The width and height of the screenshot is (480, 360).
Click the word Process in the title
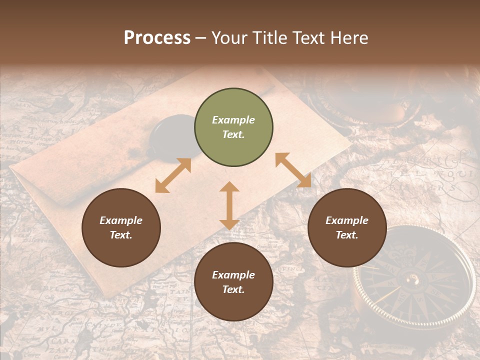(x=157, y=38)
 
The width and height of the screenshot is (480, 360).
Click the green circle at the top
(x=233, y=127)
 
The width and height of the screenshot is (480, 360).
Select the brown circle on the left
(x=121, y=228)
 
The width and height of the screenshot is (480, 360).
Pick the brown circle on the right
(x=347, y=228)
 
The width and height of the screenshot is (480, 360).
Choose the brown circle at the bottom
(x=233, y=282)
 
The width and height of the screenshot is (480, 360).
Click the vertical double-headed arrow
(x=229, y=205)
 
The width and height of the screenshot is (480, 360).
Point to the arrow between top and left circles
(x=173, y=175)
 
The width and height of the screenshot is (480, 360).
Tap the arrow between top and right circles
(x=293, y=170)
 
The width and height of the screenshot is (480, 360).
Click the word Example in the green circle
(x=233, y=120)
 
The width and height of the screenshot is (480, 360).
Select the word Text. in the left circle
(x=121, y=235)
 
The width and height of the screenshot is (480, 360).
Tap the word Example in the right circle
(x=347, y=220)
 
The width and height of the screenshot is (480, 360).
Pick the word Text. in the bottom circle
(x=233, y=289)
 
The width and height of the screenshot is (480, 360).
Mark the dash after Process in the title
(x=200, y=38)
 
